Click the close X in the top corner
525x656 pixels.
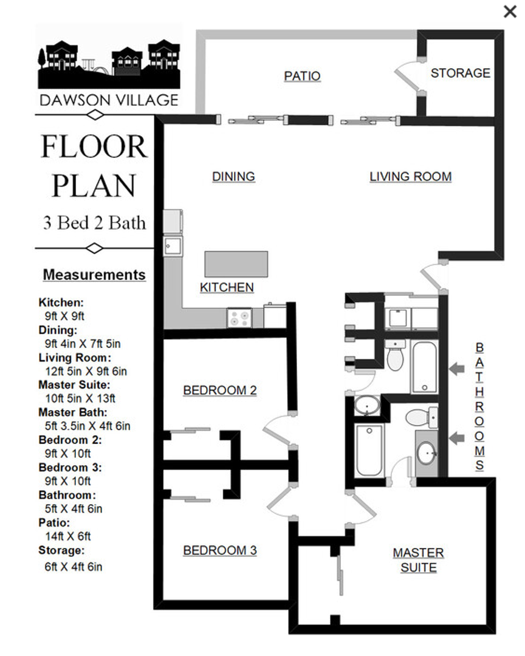510,12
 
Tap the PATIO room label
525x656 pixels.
302,76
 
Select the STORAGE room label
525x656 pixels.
461,73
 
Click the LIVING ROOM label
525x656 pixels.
411,177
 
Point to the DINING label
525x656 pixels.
233,177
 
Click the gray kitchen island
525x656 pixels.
236,264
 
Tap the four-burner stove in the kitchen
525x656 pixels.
239,318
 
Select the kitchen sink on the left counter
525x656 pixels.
173,246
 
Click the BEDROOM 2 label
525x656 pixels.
220,391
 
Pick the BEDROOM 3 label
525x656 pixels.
220,550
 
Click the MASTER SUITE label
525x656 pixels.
419,560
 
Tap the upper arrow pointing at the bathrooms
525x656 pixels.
457,369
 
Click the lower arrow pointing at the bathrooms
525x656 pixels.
457,438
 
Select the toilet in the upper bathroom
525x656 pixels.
395,355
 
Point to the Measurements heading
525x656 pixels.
94,275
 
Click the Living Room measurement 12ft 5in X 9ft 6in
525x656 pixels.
86,372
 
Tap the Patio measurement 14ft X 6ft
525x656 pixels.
68,536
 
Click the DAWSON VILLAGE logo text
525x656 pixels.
109,100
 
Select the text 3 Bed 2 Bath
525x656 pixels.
95,223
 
